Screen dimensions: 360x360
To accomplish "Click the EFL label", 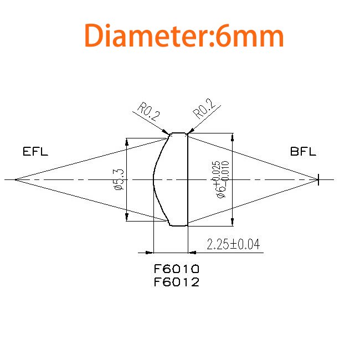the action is click(35, 152).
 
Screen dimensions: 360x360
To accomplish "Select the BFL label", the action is click(303, 152).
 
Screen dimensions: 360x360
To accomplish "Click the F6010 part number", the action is click(176, 269).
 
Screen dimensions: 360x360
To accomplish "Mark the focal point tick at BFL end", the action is click(318, 179).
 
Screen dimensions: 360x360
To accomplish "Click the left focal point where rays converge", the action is click(14, 179).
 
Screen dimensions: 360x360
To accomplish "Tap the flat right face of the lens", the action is click(188, 179).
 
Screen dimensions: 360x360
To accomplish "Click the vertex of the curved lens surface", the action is click(153, 179).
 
